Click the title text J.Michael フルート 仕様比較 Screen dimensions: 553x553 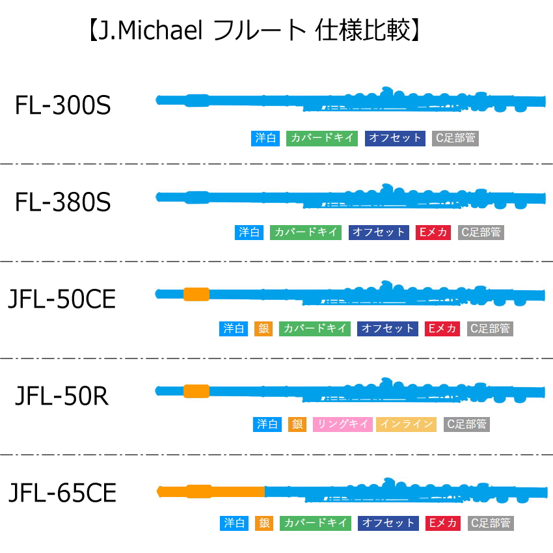point(254,31)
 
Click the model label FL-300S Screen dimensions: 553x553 point(62,105)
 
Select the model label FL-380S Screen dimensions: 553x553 point(62,202)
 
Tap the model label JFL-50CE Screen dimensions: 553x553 point(62,299)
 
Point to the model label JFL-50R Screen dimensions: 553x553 point(62,396)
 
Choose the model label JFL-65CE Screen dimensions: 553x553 point(62,493)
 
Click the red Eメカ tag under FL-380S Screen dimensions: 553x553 point(433,232)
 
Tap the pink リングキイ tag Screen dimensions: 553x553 point(343,424)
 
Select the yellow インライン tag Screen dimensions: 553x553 point(406,424)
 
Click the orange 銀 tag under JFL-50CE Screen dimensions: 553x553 point(263,329)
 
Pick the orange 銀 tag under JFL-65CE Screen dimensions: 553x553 point(264,523)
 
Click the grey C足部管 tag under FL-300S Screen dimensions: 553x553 point(455,138)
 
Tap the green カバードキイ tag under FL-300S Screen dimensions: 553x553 point(322,138)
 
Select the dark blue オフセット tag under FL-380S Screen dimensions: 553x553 point(379,232)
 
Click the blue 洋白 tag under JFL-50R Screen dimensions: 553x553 point(267,424)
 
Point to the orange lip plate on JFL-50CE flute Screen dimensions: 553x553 point(196,294)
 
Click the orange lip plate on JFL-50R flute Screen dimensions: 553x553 point(196,391)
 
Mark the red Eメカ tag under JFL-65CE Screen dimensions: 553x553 point(443,523)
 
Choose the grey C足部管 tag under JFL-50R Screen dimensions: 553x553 point(466,424)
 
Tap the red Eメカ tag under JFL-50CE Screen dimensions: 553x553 point(442,329)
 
